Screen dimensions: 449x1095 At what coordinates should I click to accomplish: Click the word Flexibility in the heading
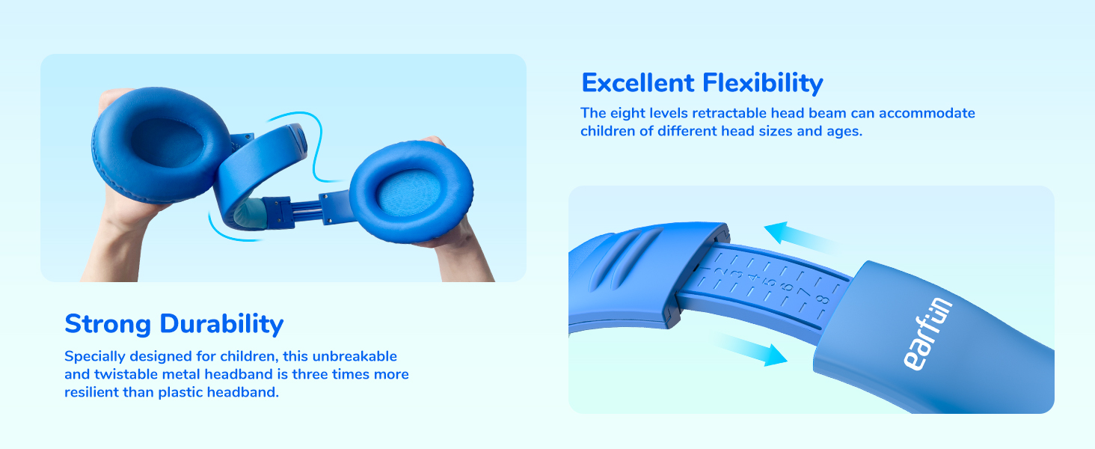[761, 82]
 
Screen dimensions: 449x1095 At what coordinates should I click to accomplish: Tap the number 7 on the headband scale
[804, 291]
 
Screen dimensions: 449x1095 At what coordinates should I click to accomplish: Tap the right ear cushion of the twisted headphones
[413, 193]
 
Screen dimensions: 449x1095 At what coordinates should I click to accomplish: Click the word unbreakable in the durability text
[355, 356]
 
